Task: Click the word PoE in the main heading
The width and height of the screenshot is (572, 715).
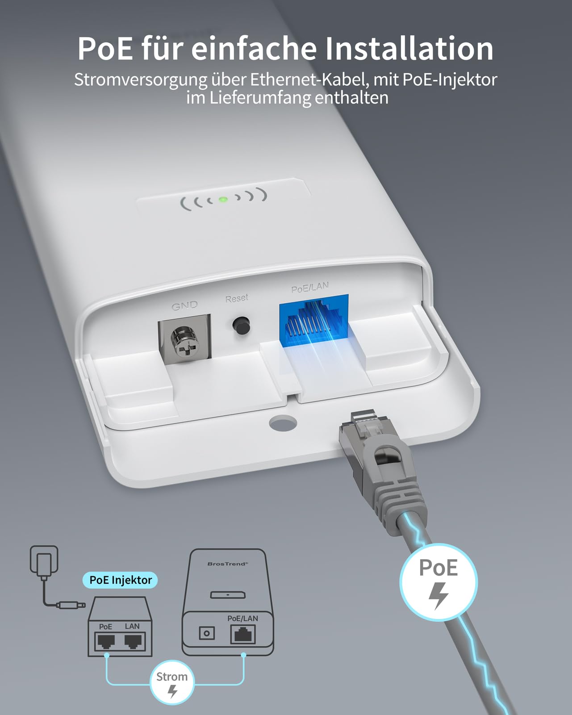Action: pos(105,49)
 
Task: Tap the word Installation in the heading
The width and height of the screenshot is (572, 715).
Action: pos(409,49)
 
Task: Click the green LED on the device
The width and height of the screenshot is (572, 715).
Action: pos(223,199)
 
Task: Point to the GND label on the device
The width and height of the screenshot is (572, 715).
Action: pos(185,305)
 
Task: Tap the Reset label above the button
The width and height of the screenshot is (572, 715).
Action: pos(237,298)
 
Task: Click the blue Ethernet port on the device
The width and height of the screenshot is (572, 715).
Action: pos(314,321)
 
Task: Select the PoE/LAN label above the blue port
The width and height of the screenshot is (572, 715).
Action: pos(310,287)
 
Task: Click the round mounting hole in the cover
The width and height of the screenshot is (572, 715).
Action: pos(283,423)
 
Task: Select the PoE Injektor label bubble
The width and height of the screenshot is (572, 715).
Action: pos(120,580)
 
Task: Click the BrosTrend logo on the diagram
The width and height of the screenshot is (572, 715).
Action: pos(228,564)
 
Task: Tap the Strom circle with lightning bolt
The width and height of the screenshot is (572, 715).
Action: pos(172,682)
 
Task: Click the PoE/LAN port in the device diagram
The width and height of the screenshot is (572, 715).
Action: pos(243,634)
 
